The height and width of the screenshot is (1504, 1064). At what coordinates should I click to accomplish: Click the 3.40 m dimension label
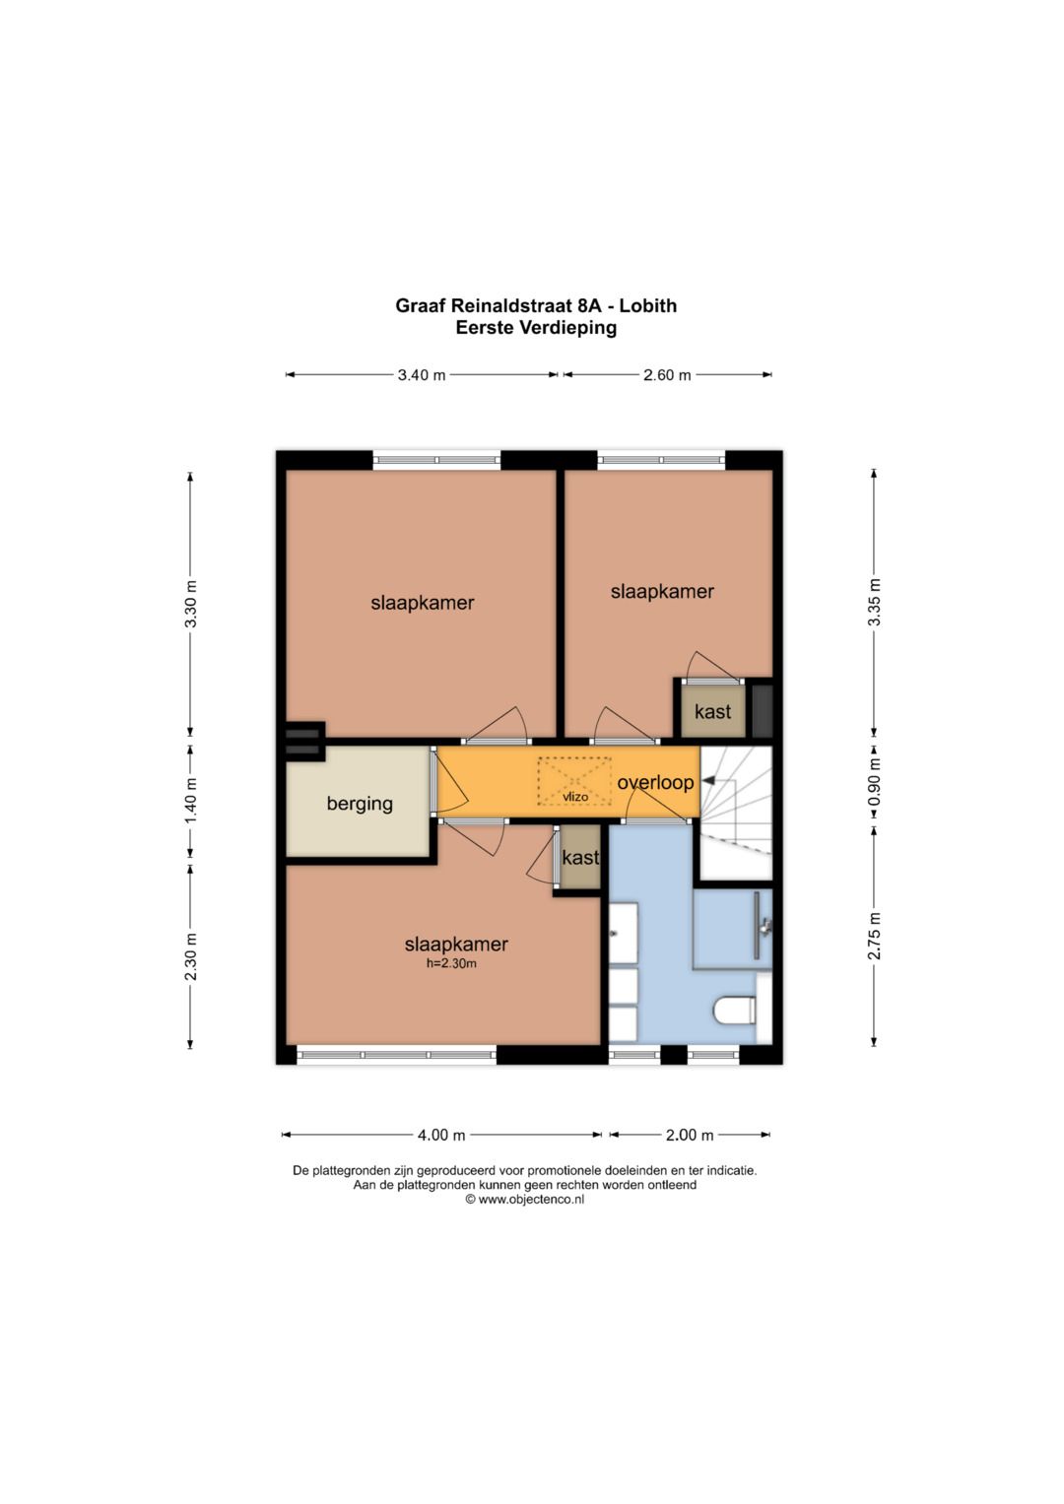[422, 375]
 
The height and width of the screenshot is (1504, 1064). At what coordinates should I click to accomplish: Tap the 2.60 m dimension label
[667, 375]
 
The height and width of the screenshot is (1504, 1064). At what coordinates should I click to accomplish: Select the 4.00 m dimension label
[440, 1135]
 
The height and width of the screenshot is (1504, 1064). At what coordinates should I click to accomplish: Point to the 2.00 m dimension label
[689, 1135]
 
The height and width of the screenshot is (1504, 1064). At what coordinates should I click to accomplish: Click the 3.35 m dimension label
[874, 602]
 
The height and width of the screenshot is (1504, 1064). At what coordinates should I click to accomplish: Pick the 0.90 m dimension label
[874, 781]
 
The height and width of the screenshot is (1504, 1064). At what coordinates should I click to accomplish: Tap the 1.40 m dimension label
[191, 801]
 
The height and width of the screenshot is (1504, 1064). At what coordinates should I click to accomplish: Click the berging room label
[360, 804]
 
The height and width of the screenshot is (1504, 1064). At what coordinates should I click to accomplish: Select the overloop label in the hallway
[655, 782]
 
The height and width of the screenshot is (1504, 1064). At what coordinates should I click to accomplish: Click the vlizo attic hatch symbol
[574, 781]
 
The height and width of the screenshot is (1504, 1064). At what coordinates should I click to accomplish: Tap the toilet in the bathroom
[735, 1010]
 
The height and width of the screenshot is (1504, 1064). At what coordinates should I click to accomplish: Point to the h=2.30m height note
[451, 963]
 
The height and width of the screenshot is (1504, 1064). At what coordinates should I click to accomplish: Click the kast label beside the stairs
[712, 711]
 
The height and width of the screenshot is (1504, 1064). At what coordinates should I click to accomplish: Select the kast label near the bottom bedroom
[579, 858]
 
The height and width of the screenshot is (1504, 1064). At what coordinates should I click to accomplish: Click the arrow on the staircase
[708, 781]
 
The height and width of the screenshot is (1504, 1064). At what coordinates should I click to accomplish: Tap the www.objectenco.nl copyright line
[525, 1200]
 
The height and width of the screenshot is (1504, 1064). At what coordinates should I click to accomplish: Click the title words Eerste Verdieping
[536, 328]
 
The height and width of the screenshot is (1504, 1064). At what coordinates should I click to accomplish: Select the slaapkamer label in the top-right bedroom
[662, 592]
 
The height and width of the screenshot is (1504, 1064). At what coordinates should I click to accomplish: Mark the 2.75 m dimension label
[874, 936]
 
